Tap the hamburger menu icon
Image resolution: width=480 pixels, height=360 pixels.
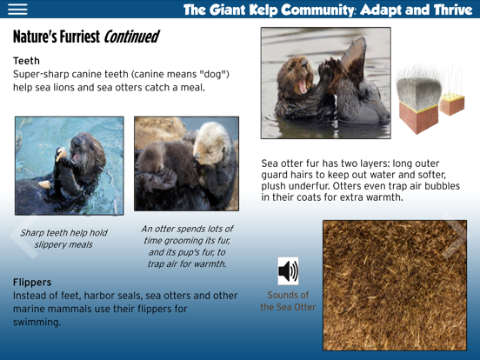[17, 10]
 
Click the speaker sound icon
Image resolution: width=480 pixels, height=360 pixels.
[288, 271]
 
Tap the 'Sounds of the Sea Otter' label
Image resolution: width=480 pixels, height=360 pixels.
[288, 301]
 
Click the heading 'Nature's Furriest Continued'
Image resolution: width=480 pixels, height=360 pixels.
[85, 37]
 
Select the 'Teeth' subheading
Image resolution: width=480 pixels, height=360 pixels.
[26, 61]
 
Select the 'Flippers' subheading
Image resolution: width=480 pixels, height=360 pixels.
[32, 282]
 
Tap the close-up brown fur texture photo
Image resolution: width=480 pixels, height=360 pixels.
[396, 284]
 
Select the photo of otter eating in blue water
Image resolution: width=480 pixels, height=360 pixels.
[69, 165]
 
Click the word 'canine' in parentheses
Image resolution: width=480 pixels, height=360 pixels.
[117, 75]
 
